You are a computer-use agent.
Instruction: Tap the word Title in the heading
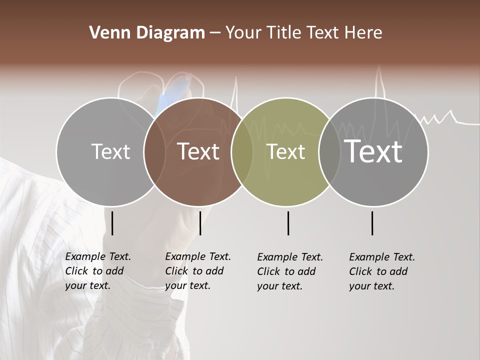tap(279, 33)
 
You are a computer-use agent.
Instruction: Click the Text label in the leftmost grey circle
tap(110, 151)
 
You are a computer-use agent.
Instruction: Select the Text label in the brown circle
tap(198, 151)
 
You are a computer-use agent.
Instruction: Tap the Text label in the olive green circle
tap(285, 152)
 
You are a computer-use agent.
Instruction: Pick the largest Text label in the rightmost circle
tap(373, 151)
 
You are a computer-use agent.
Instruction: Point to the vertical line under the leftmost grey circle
tap(112, 223)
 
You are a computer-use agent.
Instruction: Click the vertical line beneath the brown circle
tap(200, 223)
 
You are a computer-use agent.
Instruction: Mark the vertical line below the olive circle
tap(288, 223)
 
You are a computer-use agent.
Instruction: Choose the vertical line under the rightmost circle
tap(372, 223)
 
